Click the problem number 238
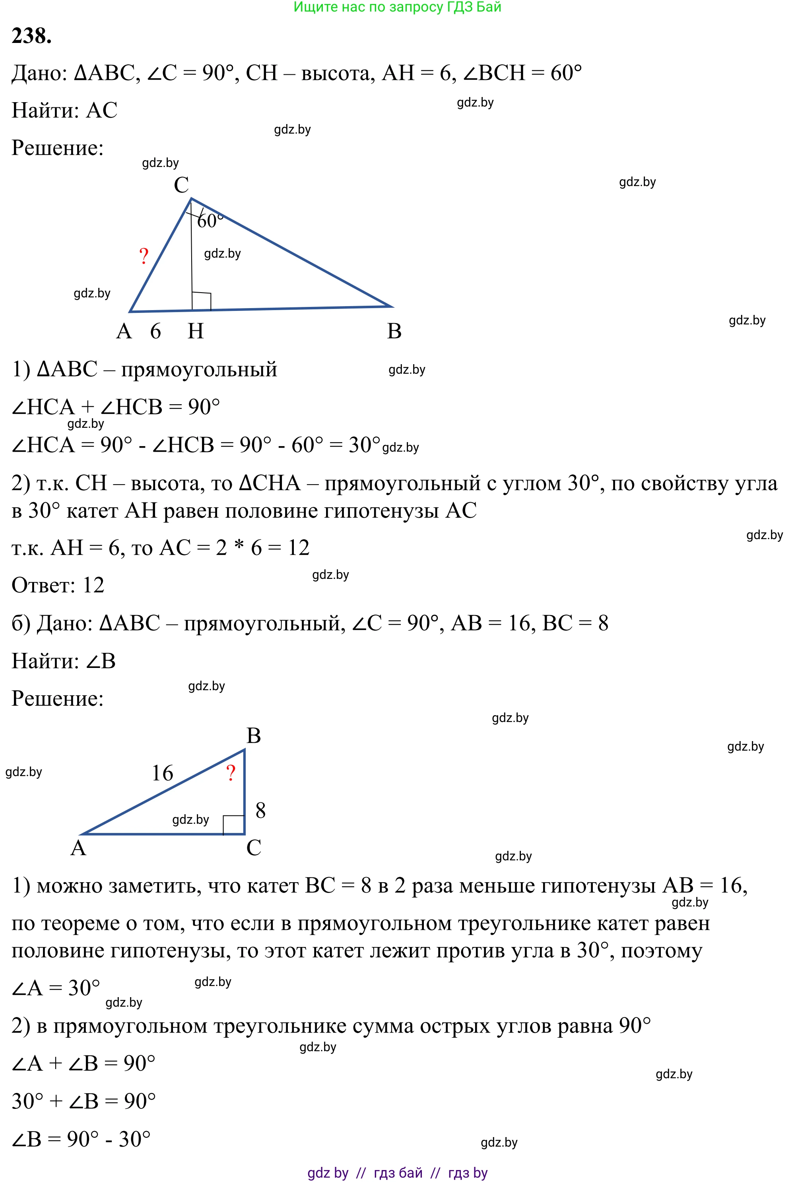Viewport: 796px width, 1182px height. (31, 36)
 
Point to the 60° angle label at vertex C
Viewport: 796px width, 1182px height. (210, 221)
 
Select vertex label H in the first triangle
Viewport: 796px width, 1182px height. (196, 332)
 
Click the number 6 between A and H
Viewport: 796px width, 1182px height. (155, 332)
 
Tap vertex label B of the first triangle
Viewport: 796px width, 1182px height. (394, 332)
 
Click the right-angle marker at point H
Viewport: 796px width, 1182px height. (202, 301)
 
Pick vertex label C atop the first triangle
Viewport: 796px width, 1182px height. (181, 185)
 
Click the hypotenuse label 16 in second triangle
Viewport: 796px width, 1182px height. (163, 773)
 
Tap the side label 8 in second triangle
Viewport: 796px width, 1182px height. (260, 811)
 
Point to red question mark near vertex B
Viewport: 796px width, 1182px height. (231, 773)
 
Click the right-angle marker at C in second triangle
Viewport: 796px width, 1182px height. (234, 824)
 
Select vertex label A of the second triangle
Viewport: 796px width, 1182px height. (78, 848)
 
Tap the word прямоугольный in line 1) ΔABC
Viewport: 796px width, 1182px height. (199, 369)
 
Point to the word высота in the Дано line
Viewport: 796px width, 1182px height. (335, 73)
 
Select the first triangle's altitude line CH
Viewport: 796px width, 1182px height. (191, 254)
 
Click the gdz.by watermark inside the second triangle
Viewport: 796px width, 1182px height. (190, 820)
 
